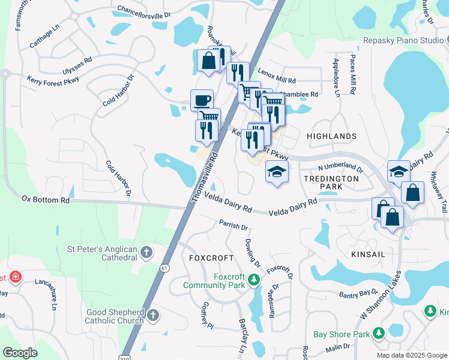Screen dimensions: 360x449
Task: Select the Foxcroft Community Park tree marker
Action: pos(254,280)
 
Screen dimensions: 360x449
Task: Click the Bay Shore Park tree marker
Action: pos(378,333)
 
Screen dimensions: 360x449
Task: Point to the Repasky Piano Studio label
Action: pos(403,41)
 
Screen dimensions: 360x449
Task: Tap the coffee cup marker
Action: pos(202,100)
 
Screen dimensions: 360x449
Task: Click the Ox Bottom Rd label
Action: pos(46,199)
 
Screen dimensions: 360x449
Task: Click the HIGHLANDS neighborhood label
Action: pos(331,137)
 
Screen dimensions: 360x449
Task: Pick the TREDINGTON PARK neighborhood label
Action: pos(331,182)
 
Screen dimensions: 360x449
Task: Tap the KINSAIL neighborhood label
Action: pos(368,255)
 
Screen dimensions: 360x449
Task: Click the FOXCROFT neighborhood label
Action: pos(211,257)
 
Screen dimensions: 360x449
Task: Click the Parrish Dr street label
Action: pos(234,226)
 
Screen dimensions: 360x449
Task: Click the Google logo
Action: pos(20,353)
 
